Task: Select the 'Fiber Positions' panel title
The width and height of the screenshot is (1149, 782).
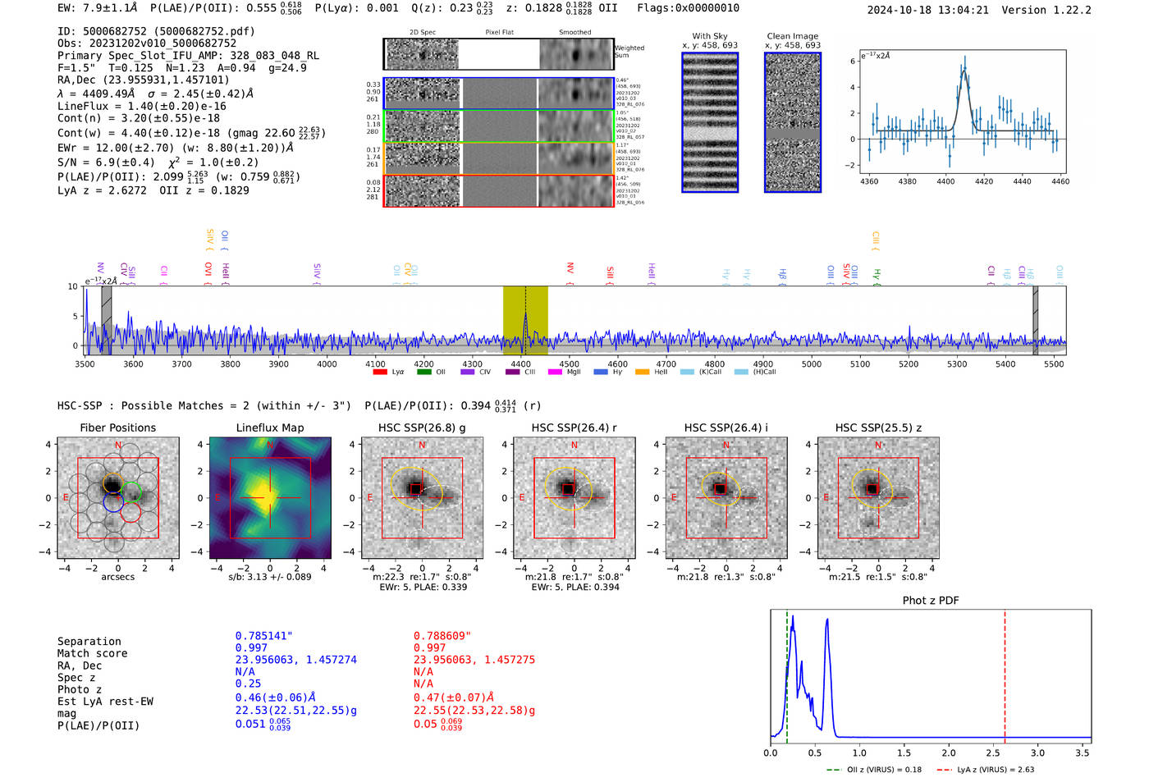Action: (x=117, y=428)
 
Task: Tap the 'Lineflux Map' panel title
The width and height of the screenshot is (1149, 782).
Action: (x=269, y=428)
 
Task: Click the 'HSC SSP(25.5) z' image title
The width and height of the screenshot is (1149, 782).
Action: (x=878, y=428)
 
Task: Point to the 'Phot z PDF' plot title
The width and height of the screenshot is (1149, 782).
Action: (x=930, y=600)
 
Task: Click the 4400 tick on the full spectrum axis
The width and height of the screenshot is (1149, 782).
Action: (x=520, y=364)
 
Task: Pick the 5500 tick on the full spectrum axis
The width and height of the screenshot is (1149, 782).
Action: (x=1054, y=364)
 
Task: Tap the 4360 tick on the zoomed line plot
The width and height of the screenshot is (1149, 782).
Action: (x=868, y=181)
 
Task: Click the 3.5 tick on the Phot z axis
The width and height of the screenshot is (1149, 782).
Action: (x=1083, y=752)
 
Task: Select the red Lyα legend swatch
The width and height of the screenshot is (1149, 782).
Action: (x=380, y=373)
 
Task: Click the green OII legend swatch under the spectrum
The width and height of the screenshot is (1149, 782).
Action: (x=423, y=373)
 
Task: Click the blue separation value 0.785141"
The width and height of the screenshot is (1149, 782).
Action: (x=263, y=636)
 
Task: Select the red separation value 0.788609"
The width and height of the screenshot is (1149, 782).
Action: (x=442, y=636)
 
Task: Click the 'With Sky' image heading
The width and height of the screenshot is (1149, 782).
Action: (x=709, y=36)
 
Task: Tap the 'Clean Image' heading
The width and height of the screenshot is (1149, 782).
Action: (x=792, y=36)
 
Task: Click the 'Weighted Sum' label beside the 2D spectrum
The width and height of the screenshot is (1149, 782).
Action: (x=629, y=51)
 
